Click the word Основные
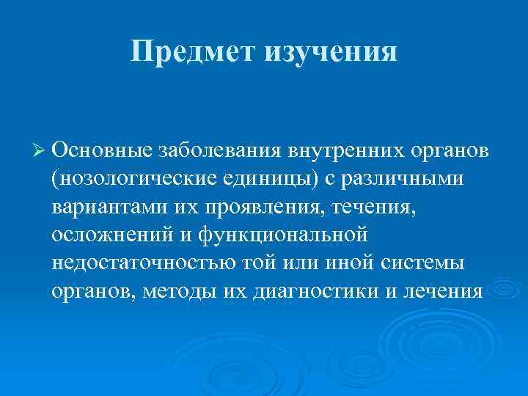pyautogui.click(x=101, y=150)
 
